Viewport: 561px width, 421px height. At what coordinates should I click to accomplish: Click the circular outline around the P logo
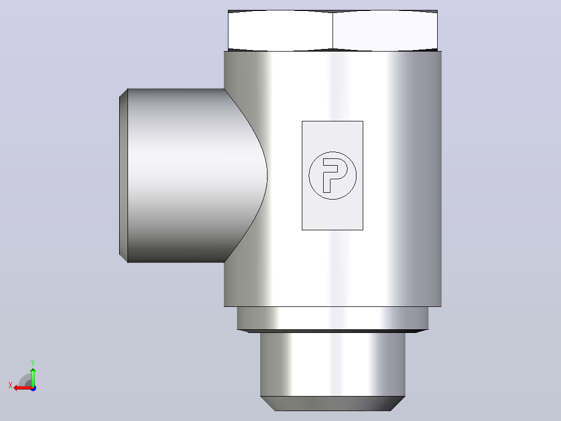click(310, 176)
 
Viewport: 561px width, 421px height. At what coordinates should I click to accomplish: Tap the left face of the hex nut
click(280, 30)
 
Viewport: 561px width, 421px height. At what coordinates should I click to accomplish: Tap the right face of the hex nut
click(385, 30)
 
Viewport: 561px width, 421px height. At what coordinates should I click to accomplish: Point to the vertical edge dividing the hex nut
click(333, 30)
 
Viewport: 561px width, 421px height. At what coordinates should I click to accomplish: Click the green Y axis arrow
click(33, 377)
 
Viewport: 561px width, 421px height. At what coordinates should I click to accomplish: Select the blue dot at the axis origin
click(34, 388)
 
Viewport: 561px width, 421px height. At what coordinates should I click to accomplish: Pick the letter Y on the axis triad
click(33, 363)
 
